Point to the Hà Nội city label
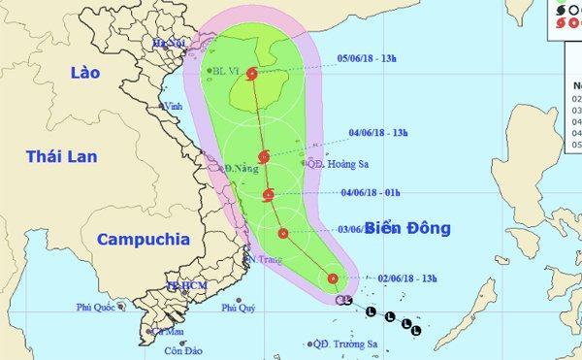click(x=167, y=44)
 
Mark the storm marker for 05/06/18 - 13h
click(x=252, y=73)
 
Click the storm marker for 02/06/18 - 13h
click(x=333, y=279)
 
